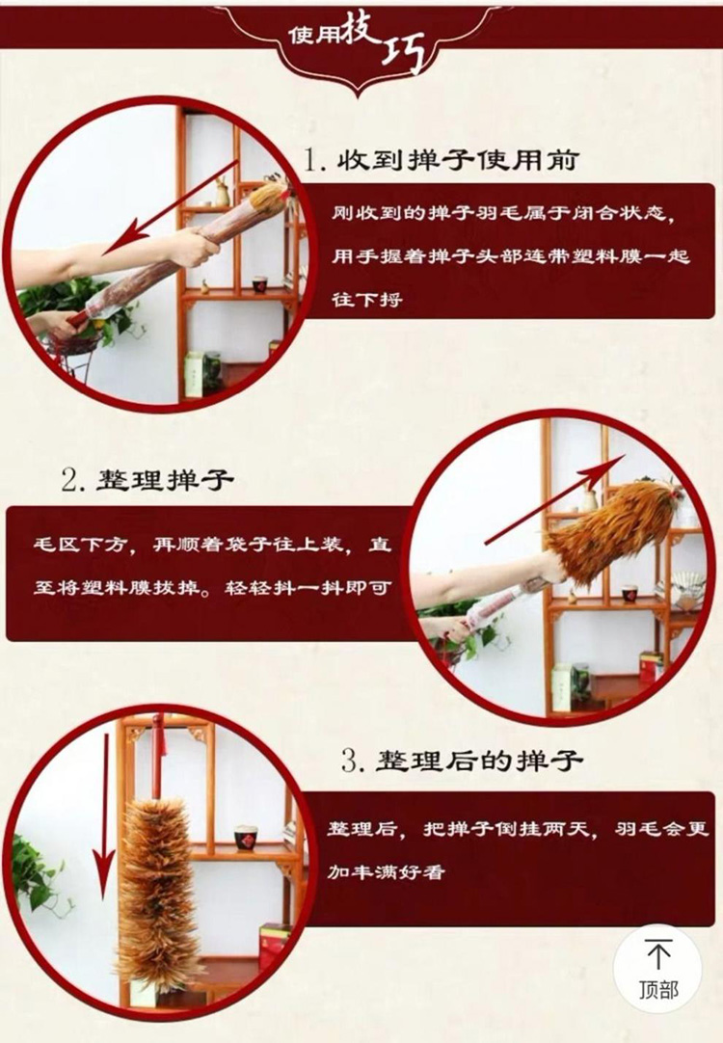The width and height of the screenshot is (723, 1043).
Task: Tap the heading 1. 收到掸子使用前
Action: pyautogui.click(x=442, y=160)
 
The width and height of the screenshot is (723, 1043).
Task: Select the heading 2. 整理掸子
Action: pyautogui.click(x=147, y=479)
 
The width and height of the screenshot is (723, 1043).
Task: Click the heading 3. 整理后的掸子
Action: pyautogui.click(x=463, y=761)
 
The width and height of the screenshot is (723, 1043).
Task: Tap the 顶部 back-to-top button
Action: pyautogui.click(x=658, y=968)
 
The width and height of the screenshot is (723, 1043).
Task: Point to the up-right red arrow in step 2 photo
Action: pyautogui.click(x=555, y=499)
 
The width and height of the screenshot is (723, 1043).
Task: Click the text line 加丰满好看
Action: pyautogui.click(x=385, y=870)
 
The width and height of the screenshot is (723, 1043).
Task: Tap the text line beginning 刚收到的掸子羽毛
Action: pyautogui.click(x=503, y=213)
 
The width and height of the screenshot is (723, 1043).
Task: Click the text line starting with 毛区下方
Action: pyautogui.click(x=212, y=545)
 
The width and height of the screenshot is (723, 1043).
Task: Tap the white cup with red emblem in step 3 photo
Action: pyautogui.click(x=246, y=837)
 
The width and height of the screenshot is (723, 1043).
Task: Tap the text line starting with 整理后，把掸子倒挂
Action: pyautogui.click(x=518, y=829)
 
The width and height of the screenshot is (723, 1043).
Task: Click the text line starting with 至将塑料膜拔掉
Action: pyautogui.click(x=212, y=588)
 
